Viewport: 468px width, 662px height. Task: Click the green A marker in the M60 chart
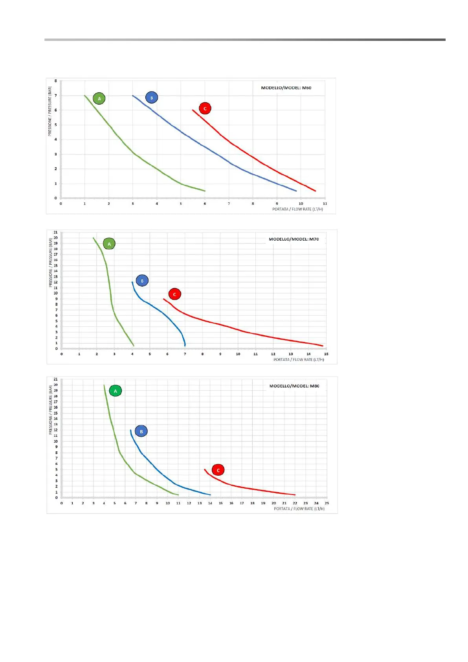[99, 98]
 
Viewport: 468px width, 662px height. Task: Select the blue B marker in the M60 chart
[151, 97]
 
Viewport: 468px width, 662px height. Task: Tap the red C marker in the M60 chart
[205, 108]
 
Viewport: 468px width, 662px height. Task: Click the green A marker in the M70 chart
[109, 244]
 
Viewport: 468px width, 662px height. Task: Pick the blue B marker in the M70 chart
[142, 281]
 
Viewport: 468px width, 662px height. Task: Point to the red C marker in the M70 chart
[174, 294]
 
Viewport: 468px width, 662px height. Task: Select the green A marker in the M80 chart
[115, 391]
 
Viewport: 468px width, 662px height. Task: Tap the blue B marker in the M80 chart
[141, 431]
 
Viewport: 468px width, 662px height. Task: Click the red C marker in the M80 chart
[218, 470]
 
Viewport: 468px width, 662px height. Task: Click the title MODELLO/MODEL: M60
[286, 88]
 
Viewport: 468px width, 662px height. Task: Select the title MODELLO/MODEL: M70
[294, 239]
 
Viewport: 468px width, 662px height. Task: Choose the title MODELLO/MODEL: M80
[294, 386]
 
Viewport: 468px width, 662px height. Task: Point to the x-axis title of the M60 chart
[297, 209]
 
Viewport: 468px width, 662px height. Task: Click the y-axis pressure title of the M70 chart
[50, 262]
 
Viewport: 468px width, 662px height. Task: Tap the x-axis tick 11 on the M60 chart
[325, 204]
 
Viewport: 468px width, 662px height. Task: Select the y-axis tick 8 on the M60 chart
[56, 81]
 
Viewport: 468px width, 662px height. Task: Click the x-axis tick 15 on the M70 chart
[326, 354]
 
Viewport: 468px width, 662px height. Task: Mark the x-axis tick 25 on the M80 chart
[327, 503]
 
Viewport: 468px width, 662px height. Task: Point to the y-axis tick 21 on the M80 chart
[56, 379]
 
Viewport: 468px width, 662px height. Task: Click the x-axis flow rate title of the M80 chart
[299, 509]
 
